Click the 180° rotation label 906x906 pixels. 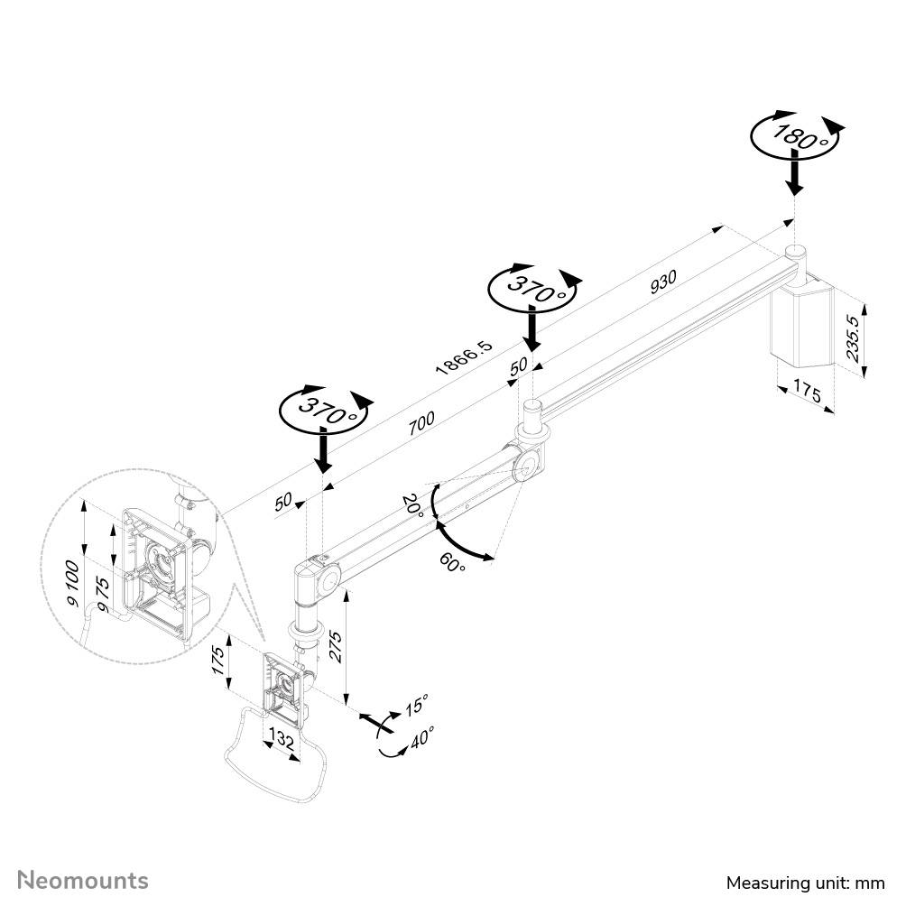tap(793, 136)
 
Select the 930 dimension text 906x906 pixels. tap(663, 282)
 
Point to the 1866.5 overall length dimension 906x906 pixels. tap(464, 353)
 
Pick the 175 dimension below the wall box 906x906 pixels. tap(808, 391)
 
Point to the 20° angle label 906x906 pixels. tap(414, 504)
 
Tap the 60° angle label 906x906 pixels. tap(453, 563)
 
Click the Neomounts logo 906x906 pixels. tap(84, 880)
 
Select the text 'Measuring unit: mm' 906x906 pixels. tap(806, 883)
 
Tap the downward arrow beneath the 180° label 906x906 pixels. tap(793, 173)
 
